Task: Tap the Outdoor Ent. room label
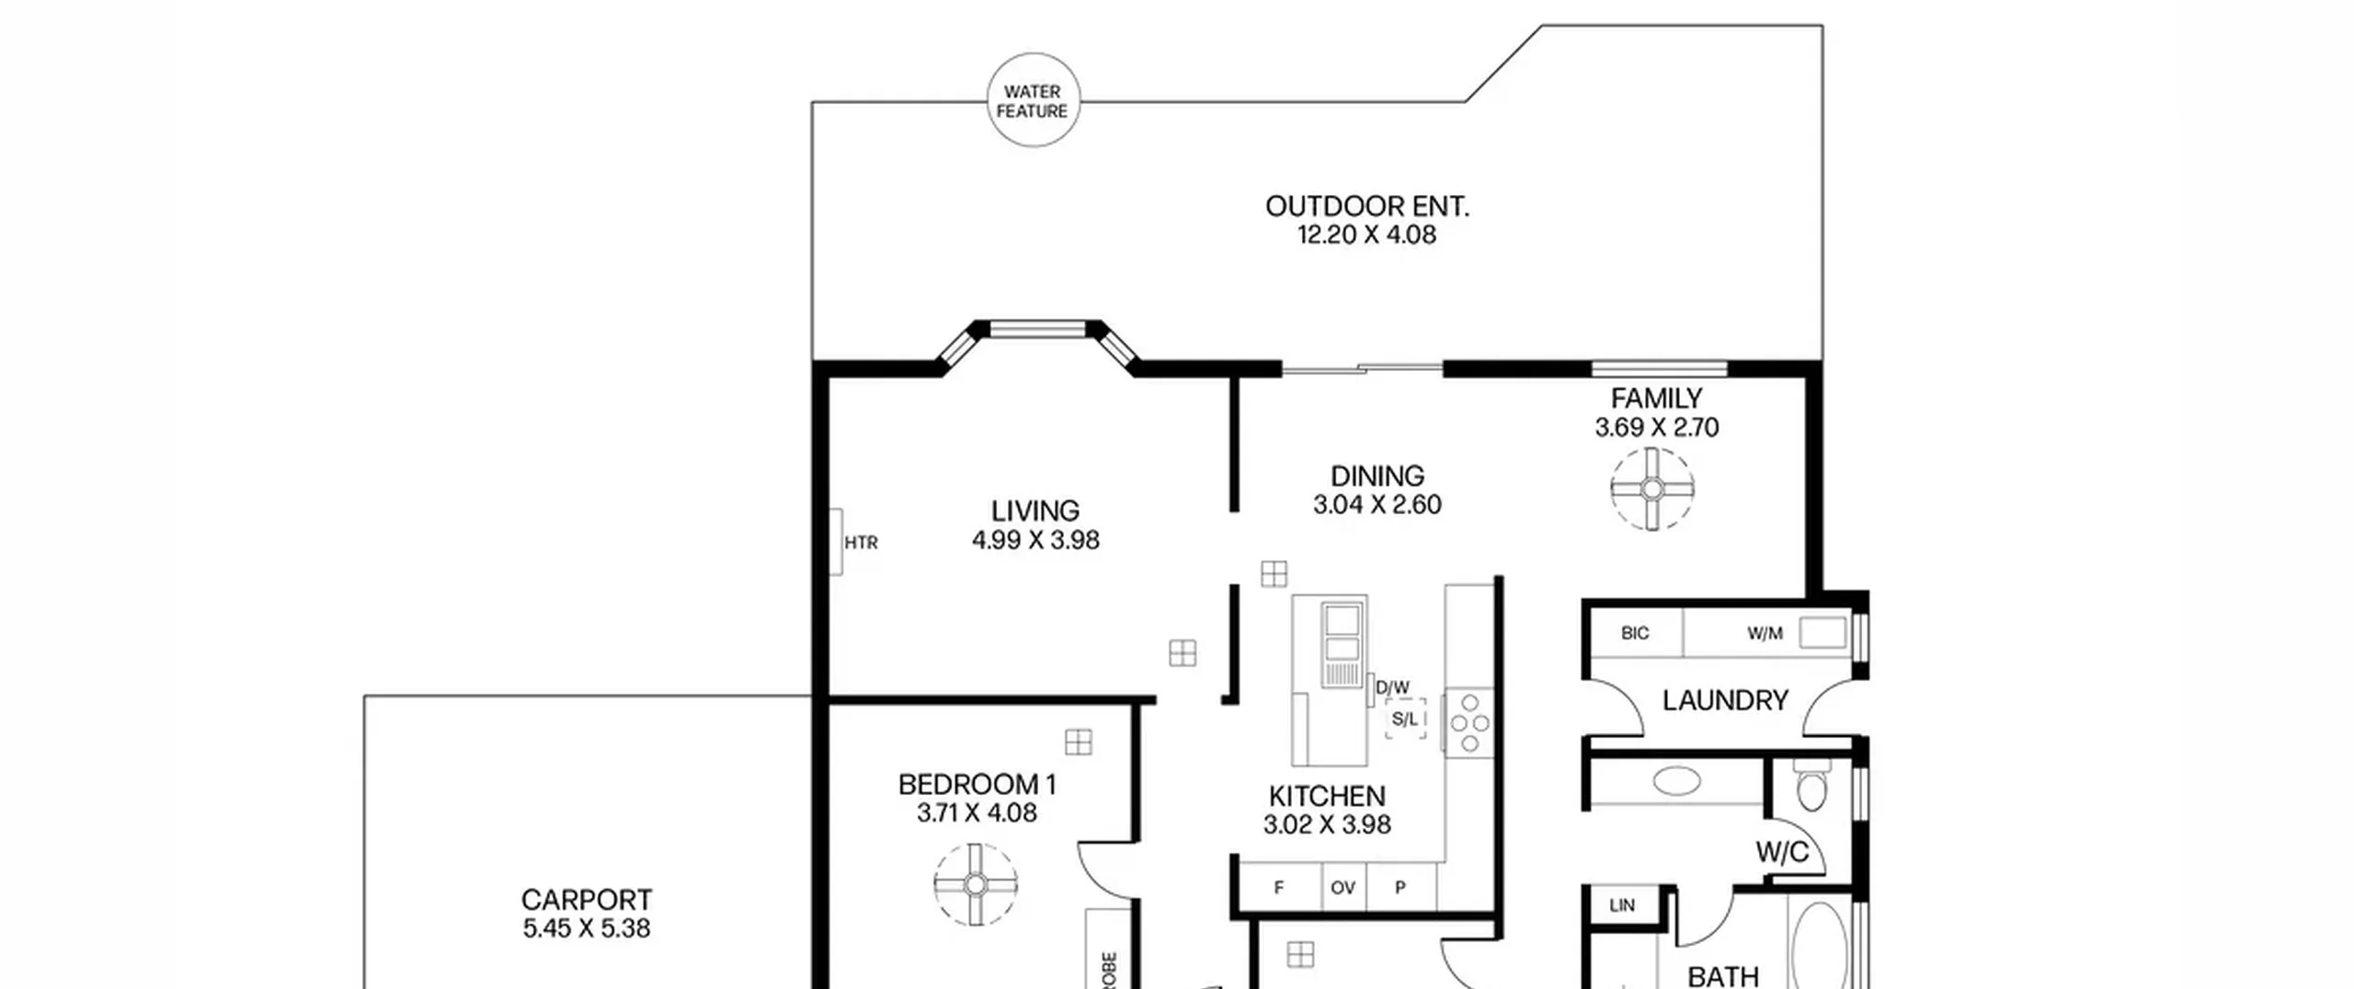[x=1367, y=206]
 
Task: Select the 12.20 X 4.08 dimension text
[x=1366, y=235]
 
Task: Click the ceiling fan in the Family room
[x=1651, y=489]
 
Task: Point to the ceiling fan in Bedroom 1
[x=976, y=884]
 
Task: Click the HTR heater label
[x=861, y=543]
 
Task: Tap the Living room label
[x=1035, y=511]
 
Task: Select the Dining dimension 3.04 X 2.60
[x=1377, y=504]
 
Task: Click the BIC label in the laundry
[x=1635, y=633]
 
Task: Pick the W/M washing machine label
[x=1765, y=633]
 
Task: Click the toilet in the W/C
[x=1811, y=785]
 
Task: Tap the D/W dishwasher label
[x=1392, y=687]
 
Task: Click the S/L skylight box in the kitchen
[x=1405, y=719]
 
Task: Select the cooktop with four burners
[x=1468, y=723]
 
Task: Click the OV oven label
[x=1343, y=888]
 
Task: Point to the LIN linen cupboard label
[x=1622, y=905]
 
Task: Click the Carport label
[x=587, y=899]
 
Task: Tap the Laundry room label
[x=1725, y=700]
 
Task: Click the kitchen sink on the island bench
[x=1343, y=645]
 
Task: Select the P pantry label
[x=1400, y=888]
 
